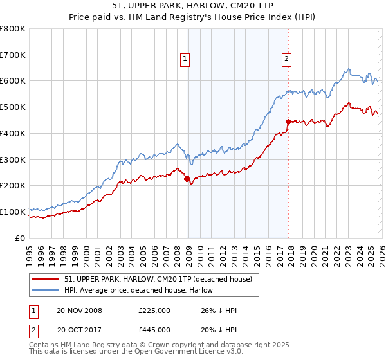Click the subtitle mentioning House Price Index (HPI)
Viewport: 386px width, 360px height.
[x=193, y=18]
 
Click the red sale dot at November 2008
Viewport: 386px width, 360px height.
[x=187, y=179]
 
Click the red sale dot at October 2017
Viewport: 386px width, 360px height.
[x=288, y=122]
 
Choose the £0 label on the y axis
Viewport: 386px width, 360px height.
[x=19, y=238]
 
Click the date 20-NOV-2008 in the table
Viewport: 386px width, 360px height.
[x=79, y=310]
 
